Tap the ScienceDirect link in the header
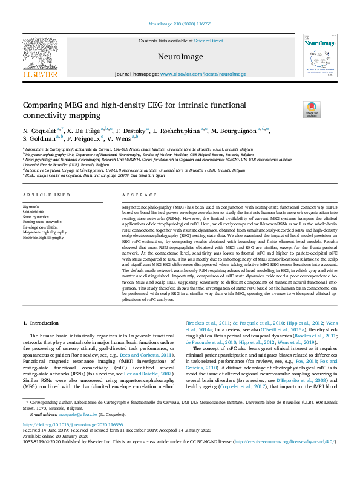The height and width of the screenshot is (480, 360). pos(208,41)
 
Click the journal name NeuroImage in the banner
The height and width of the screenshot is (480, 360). pos(180,55)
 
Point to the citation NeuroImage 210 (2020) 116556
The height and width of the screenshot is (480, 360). pos(180,25)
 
